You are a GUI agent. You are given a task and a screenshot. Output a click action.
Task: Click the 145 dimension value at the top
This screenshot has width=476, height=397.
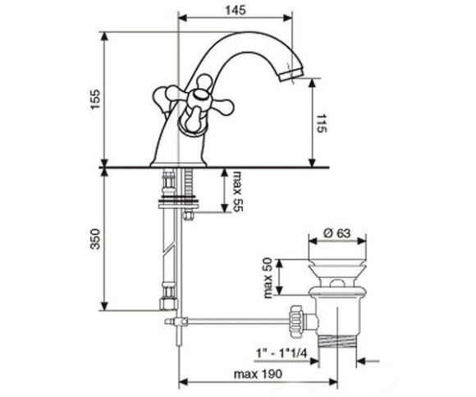(236, 10)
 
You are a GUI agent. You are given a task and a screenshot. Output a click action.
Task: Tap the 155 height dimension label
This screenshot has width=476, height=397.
(95, 99)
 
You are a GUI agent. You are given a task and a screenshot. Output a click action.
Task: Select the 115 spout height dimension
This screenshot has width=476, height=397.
(322, 123)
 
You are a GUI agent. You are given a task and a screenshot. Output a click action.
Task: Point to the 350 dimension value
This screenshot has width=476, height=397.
(95, 239)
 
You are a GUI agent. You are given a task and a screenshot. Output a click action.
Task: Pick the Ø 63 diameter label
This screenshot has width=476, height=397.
(337, 233)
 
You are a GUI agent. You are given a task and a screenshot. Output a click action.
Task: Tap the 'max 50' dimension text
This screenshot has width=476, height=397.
(268, 278)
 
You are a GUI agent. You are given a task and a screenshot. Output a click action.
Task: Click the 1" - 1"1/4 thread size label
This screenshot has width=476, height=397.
(281, 353)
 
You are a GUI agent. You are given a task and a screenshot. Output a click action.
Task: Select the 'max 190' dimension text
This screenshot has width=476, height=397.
(258, 374)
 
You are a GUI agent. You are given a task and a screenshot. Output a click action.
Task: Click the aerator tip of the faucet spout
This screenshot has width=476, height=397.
(291, 75)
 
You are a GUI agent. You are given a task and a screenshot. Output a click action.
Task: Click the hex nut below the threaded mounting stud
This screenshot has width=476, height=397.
(188, 215)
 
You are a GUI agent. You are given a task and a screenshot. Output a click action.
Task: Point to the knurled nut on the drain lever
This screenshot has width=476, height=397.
(295, 321)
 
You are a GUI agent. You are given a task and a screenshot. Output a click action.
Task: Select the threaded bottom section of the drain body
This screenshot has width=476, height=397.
(336, 341)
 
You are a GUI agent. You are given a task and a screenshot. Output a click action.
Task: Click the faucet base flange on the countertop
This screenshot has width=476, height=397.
(179, 164)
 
